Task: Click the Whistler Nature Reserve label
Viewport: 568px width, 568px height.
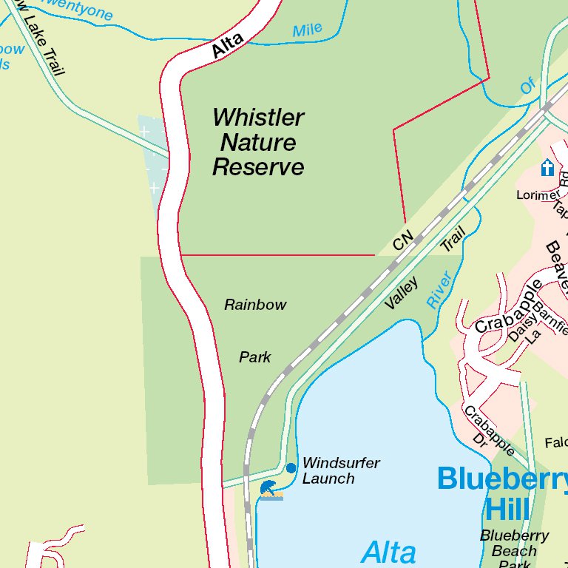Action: (258, 143)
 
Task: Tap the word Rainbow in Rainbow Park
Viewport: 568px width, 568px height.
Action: (255, 305)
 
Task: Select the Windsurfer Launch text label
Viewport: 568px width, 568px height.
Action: (340, 471)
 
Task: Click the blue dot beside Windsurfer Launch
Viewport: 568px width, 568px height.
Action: (291, 468)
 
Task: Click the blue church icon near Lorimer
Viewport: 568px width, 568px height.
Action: (547, 168)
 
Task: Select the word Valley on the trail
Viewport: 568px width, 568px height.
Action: (402, 294)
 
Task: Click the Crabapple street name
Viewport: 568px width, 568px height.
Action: (504, 306)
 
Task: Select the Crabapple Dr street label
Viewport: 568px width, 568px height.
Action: (488, 430)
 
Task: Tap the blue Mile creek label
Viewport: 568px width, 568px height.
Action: (308, 30)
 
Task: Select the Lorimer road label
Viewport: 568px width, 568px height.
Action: (538, 195)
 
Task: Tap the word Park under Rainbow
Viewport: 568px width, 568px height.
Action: (255, 357)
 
